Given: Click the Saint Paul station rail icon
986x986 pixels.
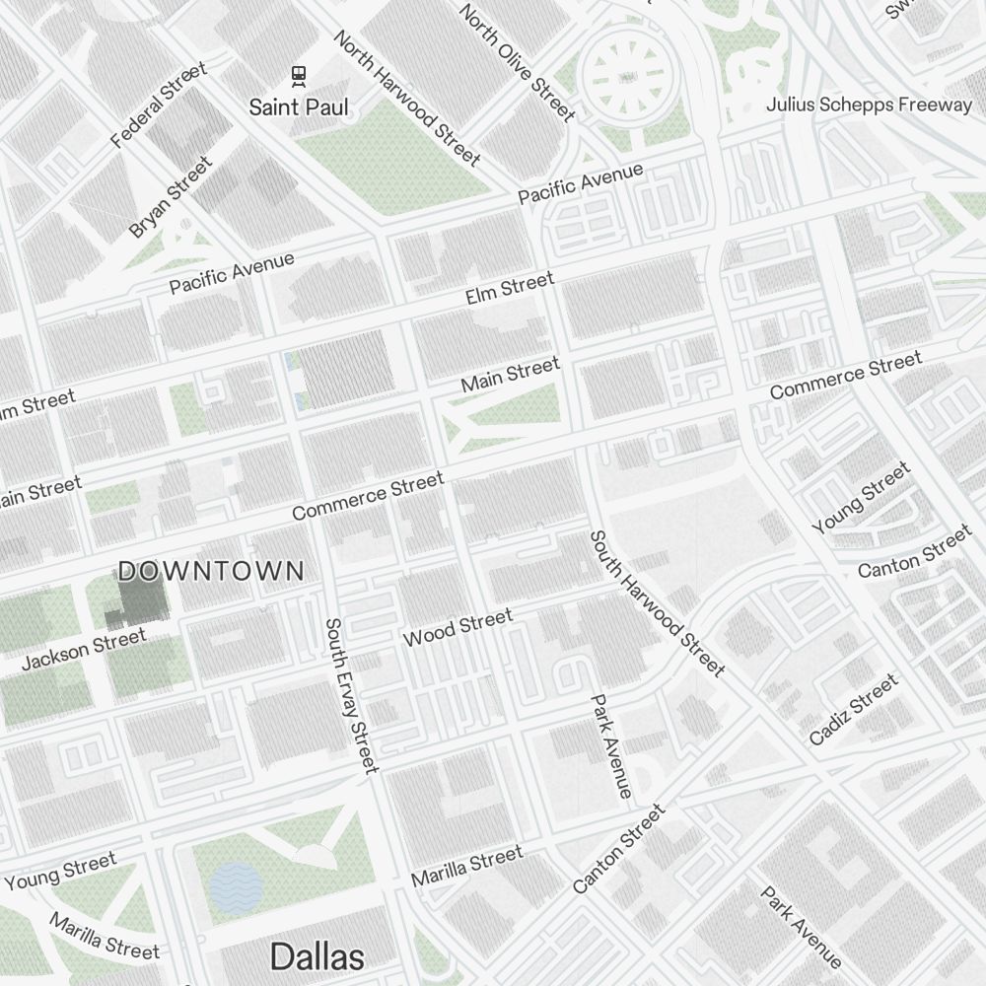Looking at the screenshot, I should point(298,75).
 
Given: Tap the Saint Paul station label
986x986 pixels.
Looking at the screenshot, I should point(298,106).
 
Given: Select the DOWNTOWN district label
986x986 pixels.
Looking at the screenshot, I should point(211,571).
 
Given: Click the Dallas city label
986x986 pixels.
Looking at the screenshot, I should point(317,955).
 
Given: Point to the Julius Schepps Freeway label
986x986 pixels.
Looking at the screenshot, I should point(869,105).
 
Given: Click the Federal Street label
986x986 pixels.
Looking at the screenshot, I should point(159,105).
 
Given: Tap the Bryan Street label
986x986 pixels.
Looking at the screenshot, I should point(170,196).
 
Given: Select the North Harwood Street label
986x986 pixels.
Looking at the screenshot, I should point(407,98).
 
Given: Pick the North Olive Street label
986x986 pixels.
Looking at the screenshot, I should point(517,62).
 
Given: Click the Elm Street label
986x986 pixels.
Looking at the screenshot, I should point(510,288).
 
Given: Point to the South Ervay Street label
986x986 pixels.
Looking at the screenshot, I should point(351,695).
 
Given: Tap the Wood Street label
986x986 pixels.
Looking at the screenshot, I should point(458,627).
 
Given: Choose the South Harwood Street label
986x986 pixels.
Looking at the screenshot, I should point(657,602).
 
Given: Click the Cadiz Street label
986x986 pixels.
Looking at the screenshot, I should point(854,709).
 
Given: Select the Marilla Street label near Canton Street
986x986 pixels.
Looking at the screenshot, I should point(466,866).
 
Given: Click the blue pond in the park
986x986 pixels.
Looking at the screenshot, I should point(236,886).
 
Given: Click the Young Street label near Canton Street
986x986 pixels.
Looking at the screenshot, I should point(861,499).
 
